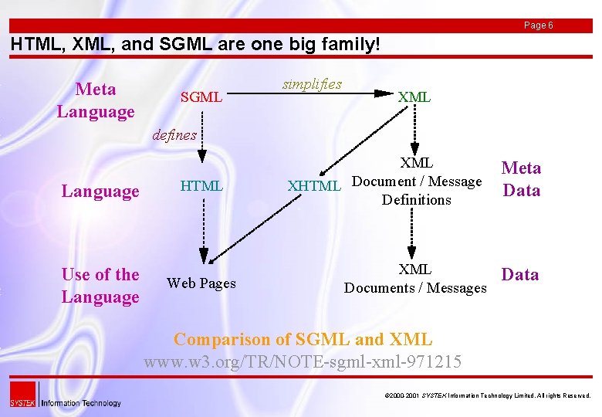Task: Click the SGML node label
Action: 201,97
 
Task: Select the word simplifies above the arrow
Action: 312,84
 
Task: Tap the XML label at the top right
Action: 414,97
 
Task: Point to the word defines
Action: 174,135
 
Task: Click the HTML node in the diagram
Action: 201,186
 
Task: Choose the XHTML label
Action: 313,186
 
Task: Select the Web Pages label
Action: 201,283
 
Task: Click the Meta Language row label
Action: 96,100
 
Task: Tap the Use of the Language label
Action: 100,285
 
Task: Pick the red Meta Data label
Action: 522,178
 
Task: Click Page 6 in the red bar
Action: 538,25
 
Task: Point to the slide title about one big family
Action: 195,45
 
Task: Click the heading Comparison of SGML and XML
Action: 303,339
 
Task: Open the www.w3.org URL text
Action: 303,361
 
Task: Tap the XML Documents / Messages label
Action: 415,279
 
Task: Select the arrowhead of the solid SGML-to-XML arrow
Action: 384,93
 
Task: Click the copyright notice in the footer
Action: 487,395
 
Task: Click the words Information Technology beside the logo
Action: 81,402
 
